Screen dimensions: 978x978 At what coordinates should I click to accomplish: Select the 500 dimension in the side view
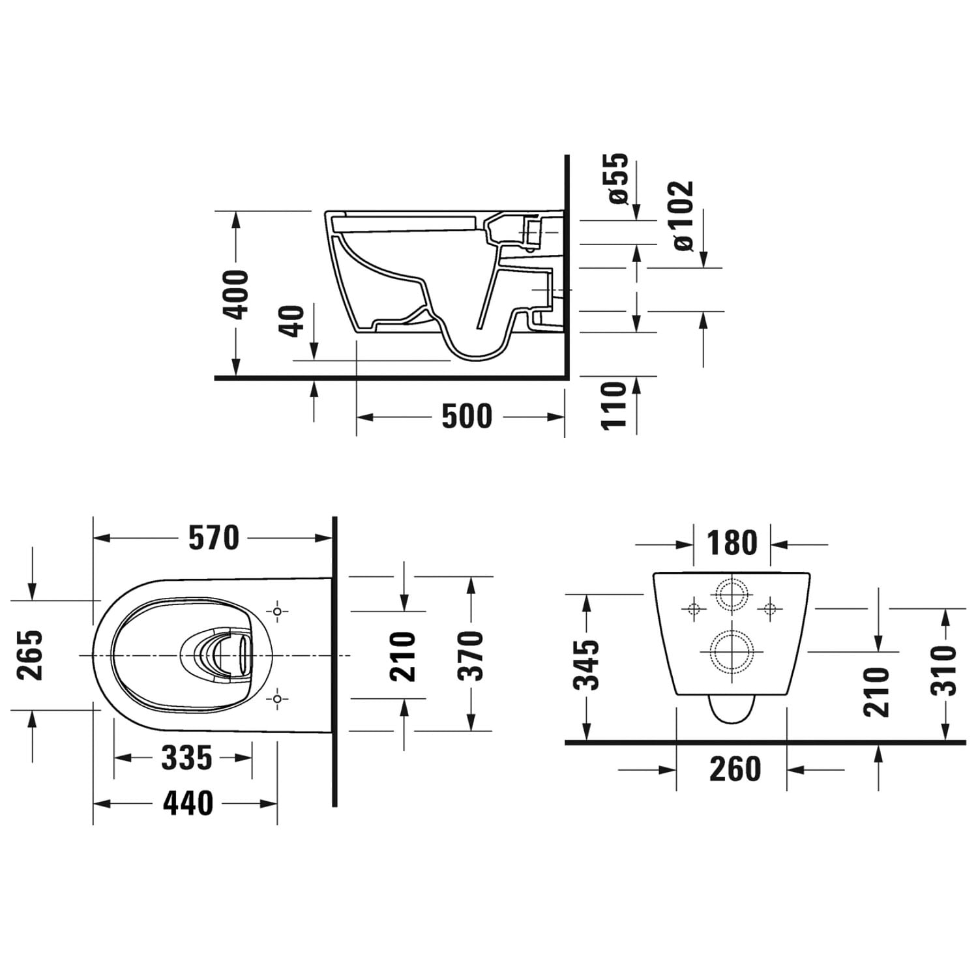[x=467, y=417]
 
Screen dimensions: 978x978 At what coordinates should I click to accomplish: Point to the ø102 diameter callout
[x=683, y=215]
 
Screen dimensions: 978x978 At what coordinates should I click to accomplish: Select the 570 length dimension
[x=214, y=538]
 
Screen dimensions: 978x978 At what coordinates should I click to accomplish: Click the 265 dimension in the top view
[x=31, y=655]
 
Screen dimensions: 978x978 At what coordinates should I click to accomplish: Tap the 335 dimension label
[x=187, y=758]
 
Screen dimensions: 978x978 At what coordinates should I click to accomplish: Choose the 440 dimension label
[x=188, y=803]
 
